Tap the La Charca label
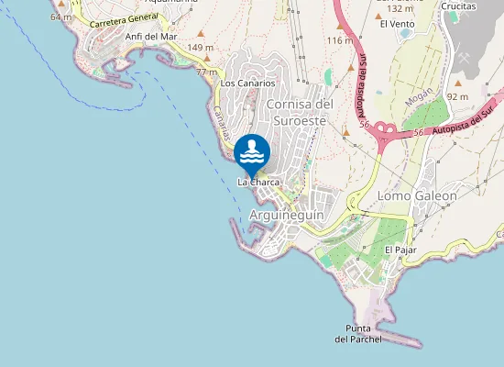(258, 183)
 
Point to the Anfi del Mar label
(150, 37)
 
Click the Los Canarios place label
(247, 83)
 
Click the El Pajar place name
(400, 250)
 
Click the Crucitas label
(458, 6)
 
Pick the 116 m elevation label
(339, 40)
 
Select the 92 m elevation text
(458, 96)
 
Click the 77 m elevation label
(206, 72)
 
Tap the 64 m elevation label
(61, 17)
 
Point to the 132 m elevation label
(400, 8)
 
